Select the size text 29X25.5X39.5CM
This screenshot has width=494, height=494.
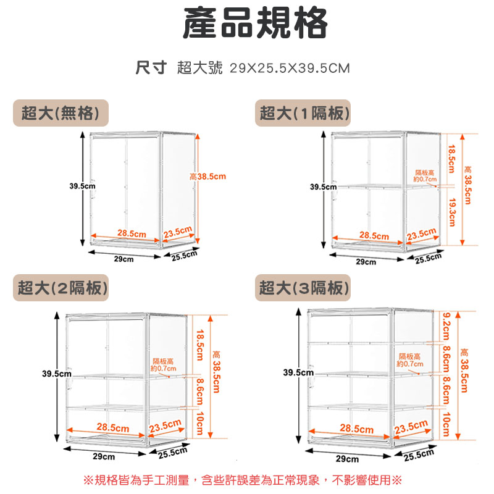point(290,68)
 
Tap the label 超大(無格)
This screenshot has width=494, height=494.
point(61,113)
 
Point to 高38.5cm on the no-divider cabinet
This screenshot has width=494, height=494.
point(207,177)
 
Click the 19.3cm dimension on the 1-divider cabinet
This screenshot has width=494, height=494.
point(452,212)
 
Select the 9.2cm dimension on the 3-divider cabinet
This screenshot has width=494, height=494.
point(446,327)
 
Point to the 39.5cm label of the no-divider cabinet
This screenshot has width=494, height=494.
point(82,185)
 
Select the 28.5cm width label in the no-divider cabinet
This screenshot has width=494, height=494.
point(132,233)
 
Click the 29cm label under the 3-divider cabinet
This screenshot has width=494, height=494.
point(348,459)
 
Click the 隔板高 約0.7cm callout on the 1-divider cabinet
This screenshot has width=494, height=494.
point(425,175)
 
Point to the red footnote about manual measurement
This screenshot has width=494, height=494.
point(242,479)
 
